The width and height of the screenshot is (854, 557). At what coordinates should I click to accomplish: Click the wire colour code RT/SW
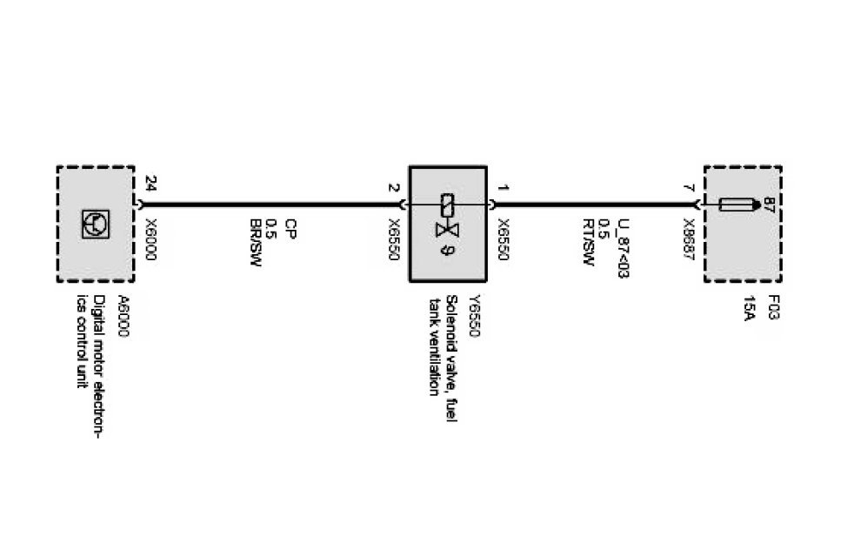click(x=587, y=246)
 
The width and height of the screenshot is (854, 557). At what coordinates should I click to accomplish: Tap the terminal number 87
click(x=769, y=205)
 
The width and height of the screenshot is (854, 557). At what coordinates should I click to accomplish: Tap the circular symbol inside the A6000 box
click(x=96, y=223)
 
